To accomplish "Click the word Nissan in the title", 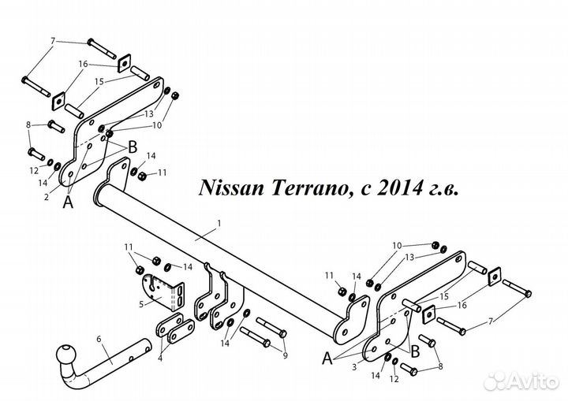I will click(228, 189).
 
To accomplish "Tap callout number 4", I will click(160, 359).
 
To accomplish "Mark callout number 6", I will click(99, 340).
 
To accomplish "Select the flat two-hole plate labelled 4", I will click(174, 330).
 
